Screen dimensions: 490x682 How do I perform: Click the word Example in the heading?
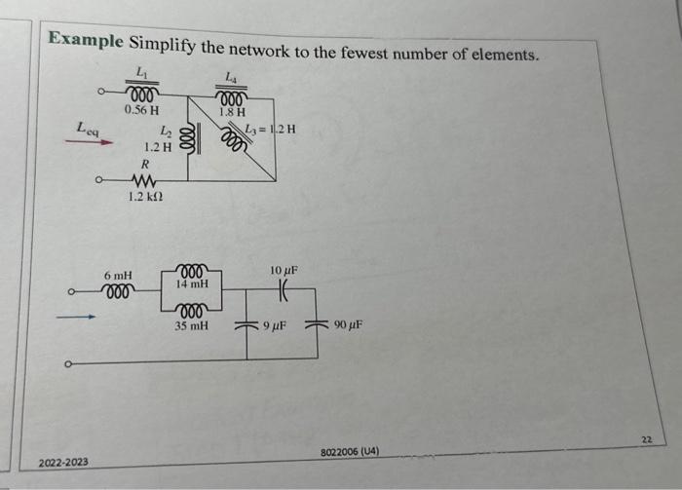(x=87, y=41)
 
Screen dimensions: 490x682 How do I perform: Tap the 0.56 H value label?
(x=142, y=110)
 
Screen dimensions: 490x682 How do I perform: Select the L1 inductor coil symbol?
(x=142, y=94)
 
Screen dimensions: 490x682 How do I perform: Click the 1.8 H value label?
(x=232, y=113)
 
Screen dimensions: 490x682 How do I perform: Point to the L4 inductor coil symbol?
(x=232, y=98)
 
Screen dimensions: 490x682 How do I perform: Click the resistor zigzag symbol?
(x=142, y=180)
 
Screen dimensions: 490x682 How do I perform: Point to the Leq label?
(x=88, y=126)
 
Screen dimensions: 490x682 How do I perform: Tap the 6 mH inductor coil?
(x=118, y=290)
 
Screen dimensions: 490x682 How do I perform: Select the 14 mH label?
(x=192, y=283)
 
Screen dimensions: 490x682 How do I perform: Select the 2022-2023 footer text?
(x=63, y=461)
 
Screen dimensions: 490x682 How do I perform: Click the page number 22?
(x=645, y=440)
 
